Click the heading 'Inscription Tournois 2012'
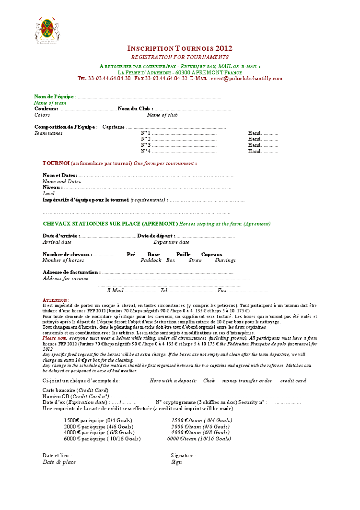180,48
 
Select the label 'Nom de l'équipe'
54,96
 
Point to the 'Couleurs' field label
46,109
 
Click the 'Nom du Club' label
135,109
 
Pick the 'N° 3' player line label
146,145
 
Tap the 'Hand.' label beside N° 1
255,133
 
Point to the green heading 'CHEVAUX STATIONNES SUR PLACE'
110,224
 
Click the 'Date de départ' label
155,236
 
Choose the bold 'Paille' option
183,254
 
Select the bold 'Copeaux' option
211,254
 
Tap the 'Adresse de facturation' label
71,272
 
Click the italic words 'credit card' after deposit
293,380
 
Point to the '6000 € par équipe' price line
102,439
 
